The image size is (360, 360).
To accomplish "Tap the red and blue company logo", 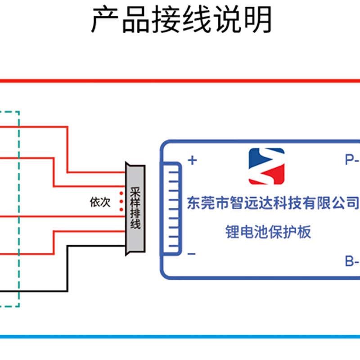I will click(x=266, y=166).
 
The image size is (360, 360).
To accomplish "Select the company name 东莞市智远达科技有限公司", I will click(x=273, y=203).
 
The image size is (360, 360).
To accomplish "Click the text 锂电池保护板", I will click(x=268, y=232).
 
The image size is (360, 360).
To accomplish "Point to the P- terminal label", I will click(x=351, y=159).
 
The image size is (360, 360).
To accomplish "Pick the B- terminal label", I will click(x=351, y=261).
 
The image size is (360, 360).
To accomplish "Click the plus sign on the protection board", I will click(x=192, y=160).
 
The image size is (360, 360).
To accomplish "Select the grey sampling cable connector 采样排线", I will click(x=135, y=208).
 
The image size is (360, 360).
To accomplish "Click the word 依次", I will click(x=100, y=202).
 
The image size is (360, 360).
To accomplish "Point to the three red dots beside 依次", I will click(x=121, y=201).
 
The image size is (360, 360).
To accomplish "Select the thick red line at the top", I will click(x=180, y=81).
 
